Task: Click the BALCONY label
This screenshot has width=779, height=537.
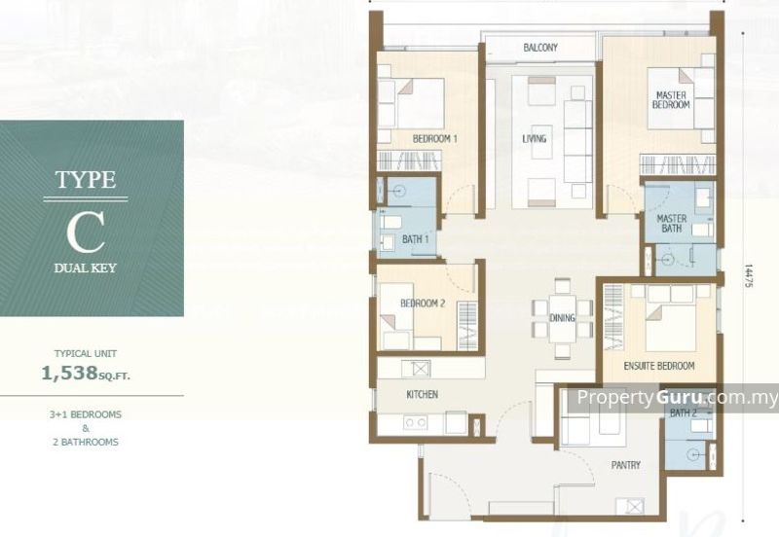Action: [540, 48]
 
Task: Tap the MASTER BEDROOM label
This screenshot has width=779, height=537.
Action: [671, 100]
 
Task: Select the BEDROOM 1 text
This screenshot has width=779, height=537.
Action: [434, 139]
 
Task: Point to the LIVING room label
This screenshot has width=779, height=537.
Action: [534, 139]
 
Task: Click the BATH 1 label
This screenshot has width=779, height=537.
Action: [416, 239]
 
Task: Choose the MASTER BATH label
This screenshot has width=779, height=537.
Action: [672, 224]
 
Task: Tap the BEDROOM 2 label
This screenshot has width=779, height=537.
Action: [423, 304]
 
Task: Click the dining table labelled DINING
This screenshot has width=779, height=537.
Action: [563, 318]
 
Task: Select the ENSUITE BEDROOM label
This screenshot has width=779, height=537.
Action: [659, 366]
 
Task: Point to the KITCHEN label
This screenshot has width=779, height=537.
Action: [423, 395]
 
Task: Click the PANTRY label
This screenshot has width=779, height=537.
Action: [625, 465]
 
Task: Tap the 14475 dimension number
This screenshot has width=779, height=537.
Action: [748, 275]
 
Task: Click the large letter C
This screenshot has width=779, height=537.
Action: [86, 233]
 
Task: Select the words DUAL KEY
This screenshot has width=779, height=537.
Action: [86, 268]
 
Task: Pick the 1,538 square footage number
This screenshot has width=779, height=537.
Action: [69, 373]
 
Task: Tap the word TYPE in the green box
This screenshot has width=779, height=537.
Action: [86, 180]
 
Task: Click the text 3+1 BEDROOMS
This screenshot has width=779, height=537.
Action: [86, 414]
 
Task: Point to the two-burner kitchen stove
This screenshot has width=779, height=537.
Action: [416, 423]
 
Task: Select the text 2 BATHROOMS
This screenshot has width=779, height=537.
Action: [86, 442]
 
